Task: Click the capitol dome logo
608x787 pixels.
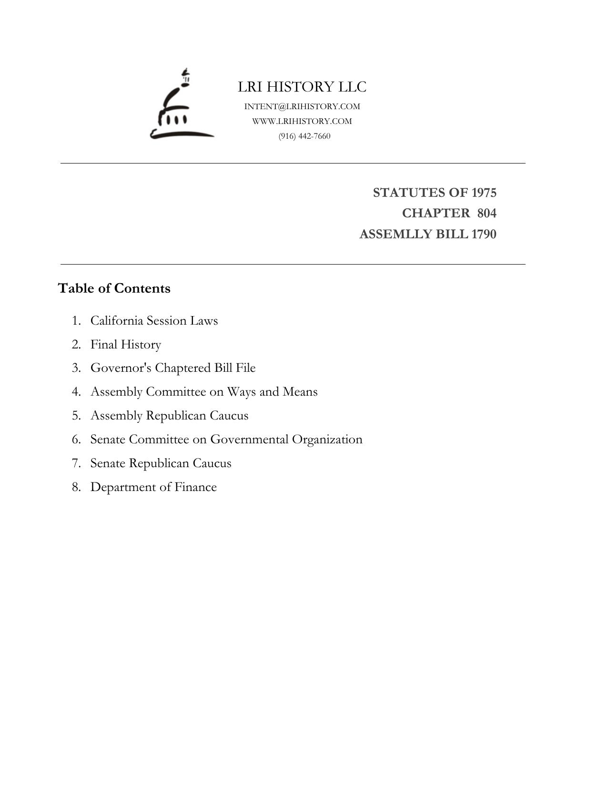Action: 182,106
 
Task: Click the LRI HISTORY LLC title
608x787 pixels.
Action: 302,87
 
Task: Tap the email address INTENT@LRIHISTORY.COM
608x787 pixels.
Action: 302,106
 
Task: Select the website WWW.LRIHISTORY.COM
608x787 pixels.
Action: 302,121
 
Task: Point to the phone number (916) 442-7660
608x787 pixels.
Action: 304,136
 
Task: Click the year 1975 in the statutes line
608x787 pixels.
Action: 484,193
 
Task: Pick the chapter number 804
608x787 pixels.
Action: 486,213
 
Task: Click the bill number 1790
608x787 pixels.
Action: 484,234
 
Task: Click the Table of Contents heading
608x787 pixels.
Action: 114,288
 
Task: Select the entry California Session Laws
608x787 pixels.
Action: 154,320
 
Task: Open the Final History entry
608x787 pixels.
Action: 126,344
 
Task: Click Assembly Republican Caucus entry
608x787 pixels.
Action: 169,416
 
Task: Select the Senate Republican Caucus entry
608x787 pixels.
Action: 161,463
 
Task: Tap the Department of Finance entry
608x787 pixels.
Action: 153,487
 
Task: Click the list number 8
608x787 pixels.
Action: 76,487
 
